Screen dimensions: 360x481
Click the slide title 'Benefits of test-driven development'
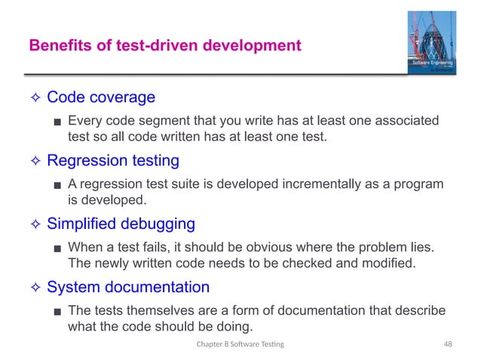pos(164,46)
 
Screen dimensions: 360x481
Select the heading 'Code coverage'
pos(101,97)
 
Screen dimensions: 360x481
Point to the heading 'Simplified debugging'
pos(121,224)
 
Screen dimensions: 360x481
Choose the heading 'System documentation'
pos(128,287)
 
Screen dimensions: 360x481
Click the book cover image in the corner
pos(432,44)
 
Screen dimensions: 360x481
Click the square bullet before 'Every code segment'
pos(57,121)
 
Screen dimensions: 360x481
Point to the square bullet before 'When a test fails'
pos(57,248)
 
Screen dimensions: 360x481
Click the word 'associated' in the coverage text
pos(407,121)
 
